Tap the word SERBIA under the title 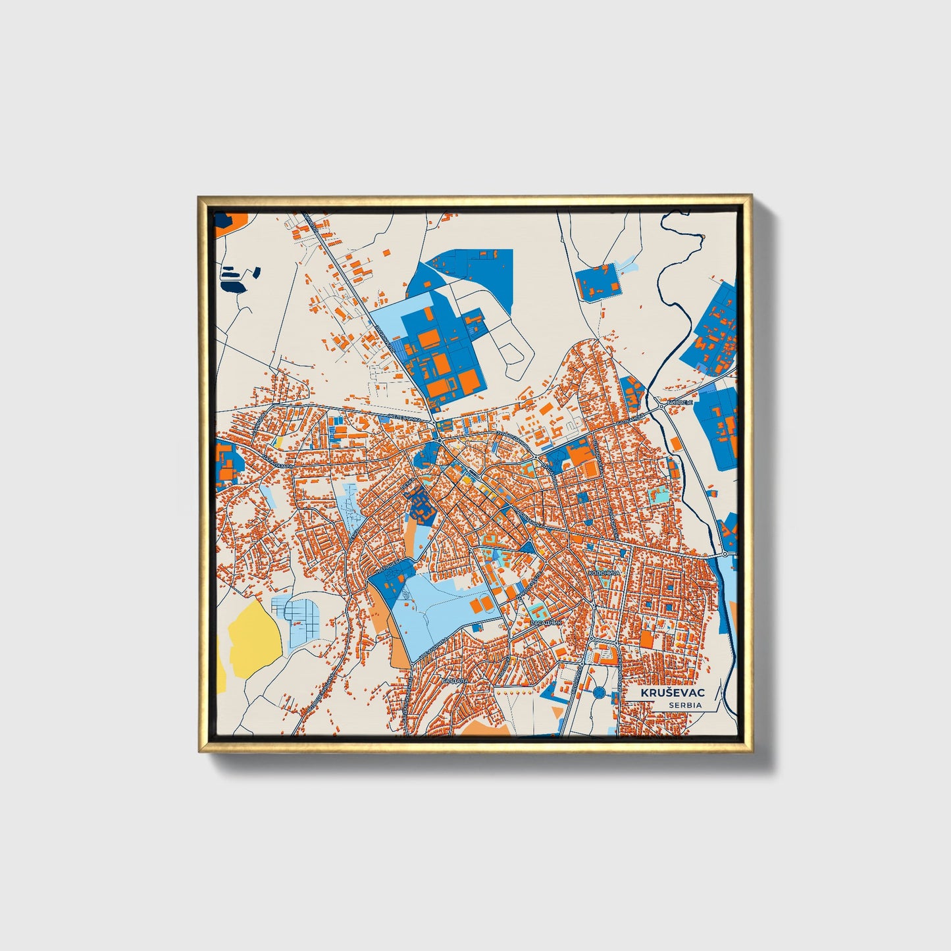(x=684, y=705)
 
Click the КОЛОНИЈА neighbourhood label (x=605, y=573)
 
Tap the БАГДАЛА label (x=454, y=681)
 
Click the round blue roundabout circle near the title (x=599, y=692)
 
